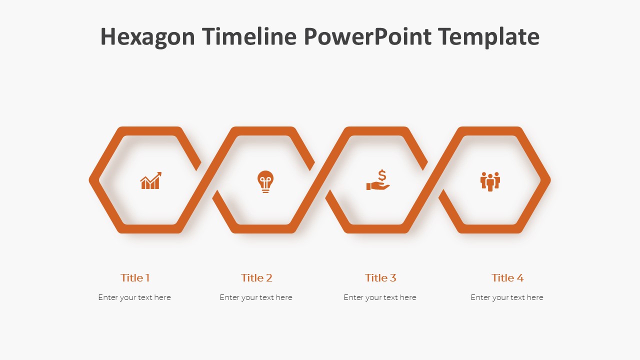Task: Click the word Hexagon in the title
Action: pos(147,37)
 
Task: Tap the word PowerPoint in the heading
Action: pos(367,36)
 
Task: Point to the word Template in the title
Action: pos(489,37)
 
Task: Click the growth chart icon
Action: pos(151,180)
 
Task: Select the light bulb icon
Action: pos(265,181)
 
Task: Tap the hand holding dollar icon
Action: pos(378,180)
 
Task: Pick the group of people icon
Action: pos(490,181)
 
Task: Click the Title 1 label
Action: pos(135,277)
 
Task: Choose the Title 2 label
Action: pos(256,277)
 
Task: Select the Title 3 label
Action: pos(380,277)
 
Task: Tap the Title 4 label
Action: pos(507,277)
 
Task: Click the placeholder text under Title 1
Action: pos(134,297)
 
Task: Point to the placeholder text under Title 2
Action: pos(256,297)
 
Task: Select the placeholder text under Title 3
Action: pos(380,297)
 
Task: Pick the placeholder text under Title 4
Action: pos(507,297)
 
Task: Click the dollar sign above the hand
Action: pos(382,175)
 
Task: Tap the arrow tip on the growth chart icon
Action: pos(161,172)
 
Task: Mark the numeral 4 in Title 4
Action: pos(520,278)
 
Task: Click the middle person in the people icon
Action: pos(490,183)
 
